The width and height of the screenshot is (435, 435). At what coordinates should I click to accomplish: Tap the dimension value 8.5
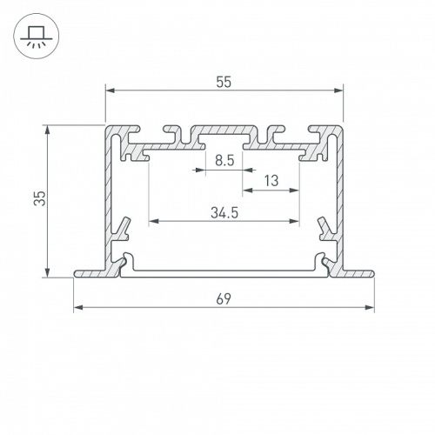pyautogui.click(x=224, y=160)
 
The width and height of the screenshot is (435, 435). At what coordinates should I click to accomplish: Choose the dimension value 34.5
pyautogui.click(x=224, y=211)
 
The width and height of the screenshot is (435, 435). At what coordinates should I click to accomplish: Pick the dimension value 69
pyautogui.click(x=224, y=298)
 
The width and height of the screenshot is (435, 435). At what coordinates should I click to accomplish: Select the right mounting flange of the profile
pyautogui.click(x=358, y=273)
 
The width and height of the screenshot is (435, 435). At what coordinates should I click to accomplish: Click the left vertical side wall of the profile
pyautogui.click(x=110, y=200)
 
